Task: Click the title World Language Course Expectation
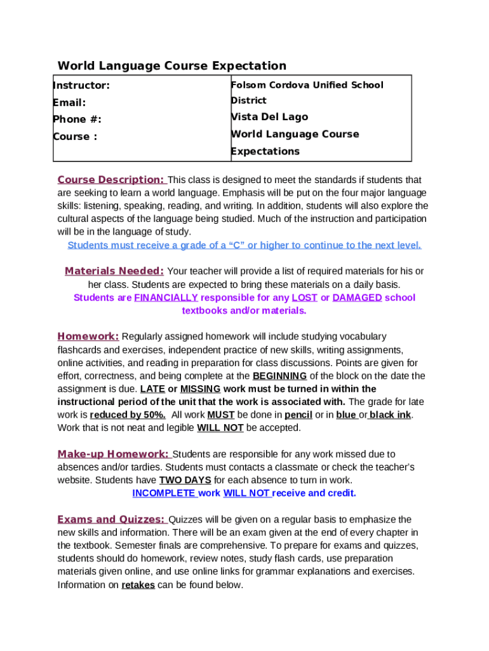tap(171, 65)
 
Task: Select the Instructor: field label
tap(81, 85)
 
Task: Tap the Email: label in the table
tap(69, 102)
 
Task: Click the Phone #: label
tap(77, 120)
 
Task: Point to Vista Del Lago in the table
tap(269, 117)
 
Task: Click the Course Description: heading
tap(111, 180)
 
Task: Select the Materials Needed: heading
tap(114, 271)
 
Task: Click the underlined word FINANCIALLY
tap(166, 298)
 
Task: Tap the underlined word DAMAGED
tap(357, 298)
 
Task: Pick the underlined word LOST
tap(305, 298)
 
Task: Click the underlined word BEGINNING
tap(279, 376)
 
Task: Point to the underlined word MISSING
tap(200, 388)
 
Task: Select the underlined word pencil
tap(298, 415)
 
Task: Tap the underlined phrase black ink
tap(390, 415)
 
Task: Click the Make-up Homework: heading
tap(113, 454)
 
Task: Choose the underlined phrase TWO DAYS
tap(185, 480)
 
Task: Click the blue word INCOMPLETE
tap(164, 493)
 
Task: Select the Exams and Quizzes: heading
tap(111, 519)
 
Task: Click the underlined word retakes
tap(138, 585)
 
